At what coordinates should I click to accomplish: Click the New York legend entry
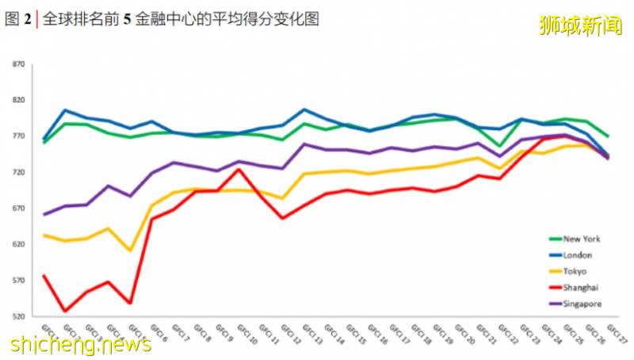(582, 239)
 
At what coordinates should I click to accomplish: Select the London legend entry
(578, 255)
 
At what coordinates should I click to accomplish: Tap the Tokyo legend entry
(575, 272)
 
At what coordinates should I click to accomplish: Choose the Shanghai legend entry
(580, 288)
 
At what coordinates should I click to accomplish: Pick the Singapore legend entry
(582, 304)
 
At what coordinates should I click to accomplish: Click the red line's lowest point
(66, 311)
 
